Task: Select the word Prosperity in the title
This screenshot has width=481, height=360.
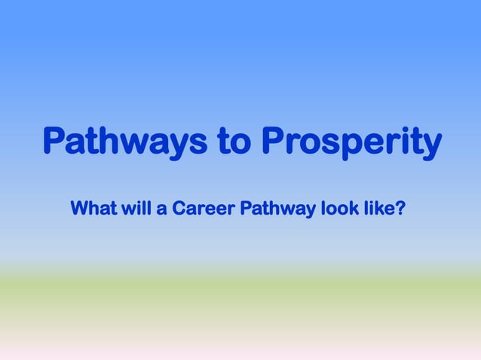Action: click(351, 142)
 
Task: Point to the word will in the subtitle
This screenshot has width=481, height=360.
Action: click(136, 207)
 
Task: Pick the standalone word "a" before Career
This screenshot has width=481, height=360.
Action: click(162, 208)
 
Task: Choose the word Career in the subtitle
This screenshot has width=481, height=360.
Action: click(203, 207)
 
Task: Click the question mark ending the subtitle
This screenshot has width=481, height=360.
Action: click(400, 207)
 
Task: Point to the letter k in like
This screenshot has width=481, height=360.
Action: click(379, 207)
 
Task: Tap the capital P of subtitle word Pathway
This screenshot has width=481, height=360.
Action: click(246, 207)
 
